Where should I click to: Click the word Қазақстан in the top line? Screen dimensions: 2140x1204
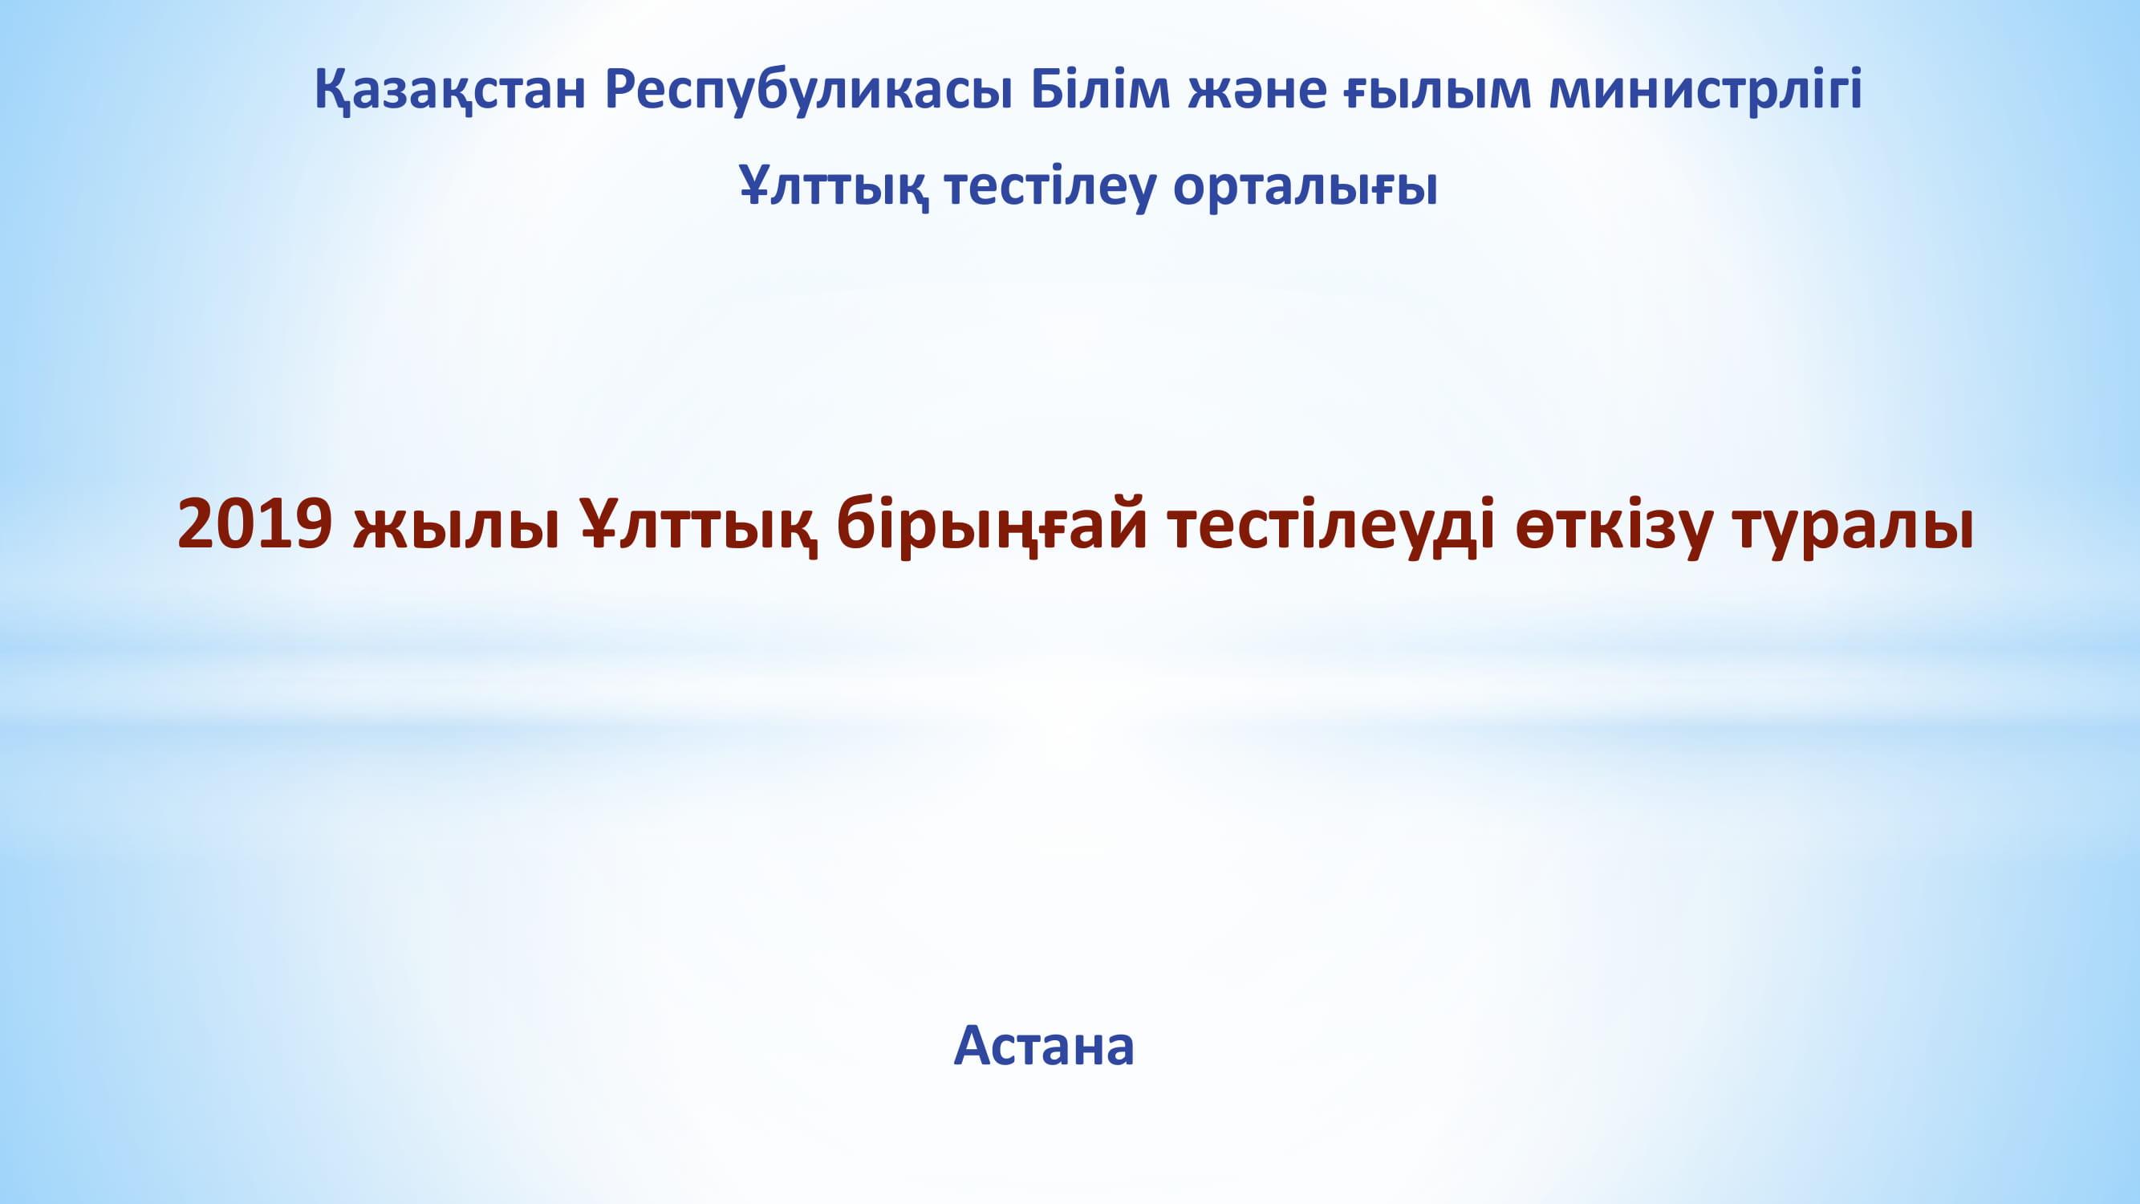[x=450, y=91]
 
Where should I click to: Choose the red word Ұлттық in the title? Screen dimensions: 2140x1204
[x=699, y=525]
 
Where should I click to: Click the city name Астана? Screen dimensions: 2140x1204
[x=1044, y=1045]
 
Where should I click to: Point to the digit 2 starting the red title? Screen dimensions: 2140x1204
[x=196, y=525]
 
